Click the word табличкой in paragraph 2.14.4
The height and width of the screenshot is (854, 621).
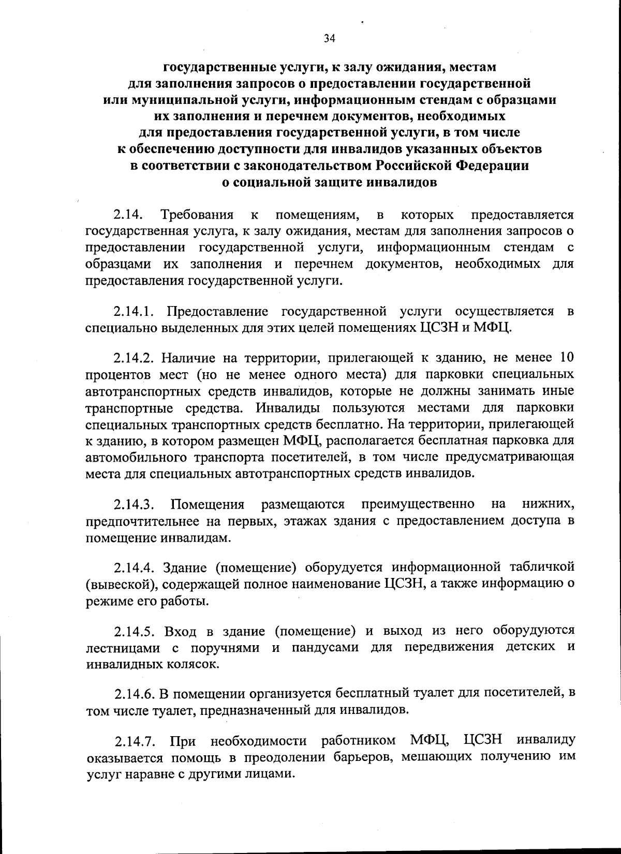[542, 567]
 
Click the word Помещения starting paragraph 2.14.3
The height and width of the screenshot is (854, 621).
[208, 504]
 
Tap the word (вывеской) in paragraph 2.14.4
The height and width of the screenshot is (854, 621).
[120, 584]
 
